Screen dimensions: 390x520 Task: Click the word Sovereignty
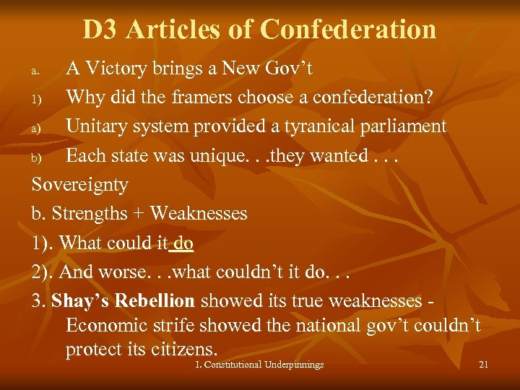pos(80,185)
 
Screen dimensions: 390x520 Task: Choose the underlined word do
pos(183,243)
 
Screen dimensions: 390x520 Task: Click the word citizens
pos(183,350)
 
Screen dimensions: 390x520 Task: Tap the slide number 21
pos(483,365)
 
